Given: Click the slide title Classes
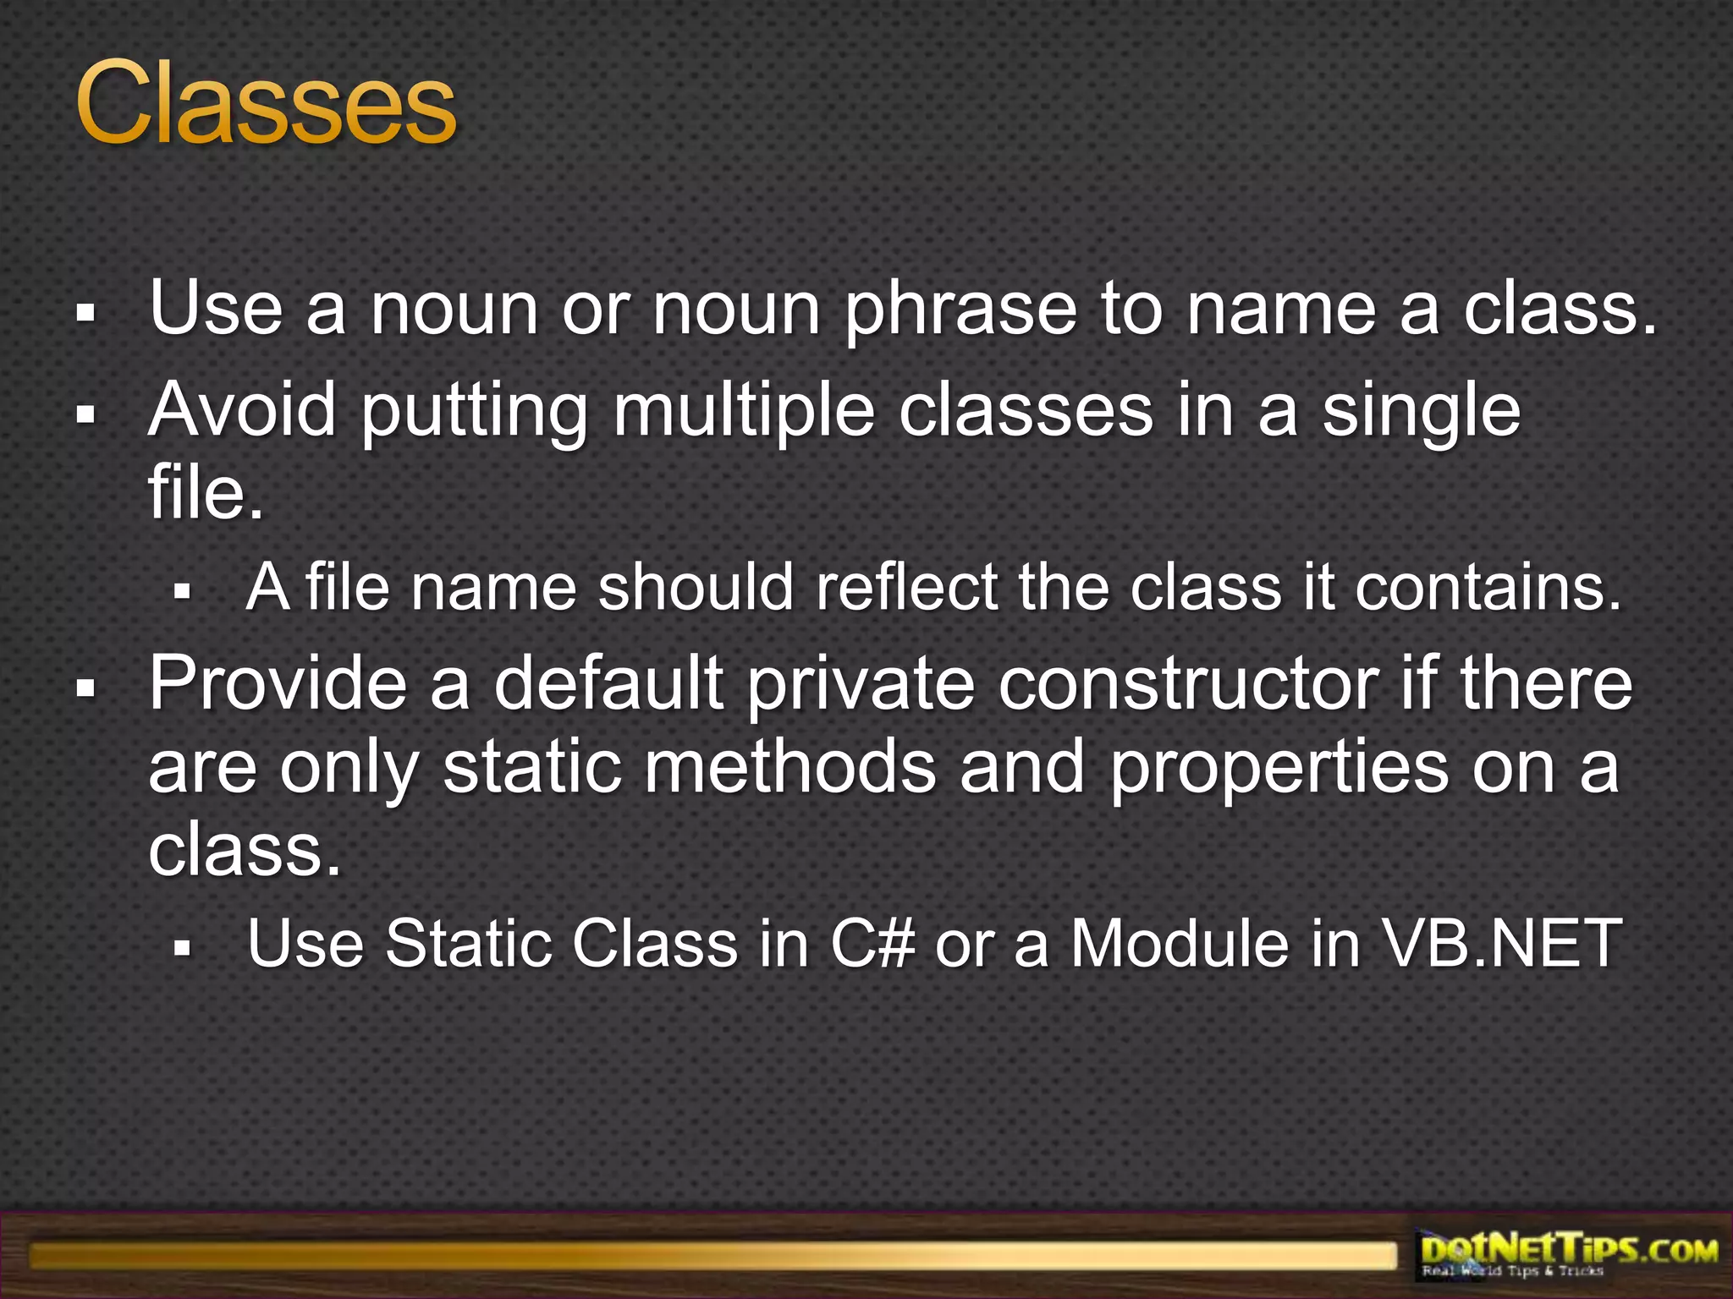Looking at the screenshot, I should pyautogui.click(x=267, y=106).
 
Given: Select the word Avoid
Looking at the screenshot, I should pyautogui.click(x=242, y=410).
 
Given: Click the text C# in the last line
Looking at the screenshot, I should pyautogui.click(x=872, y=943).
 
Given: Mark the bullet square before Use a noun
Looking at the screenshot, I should pyautogui.click(x=85, y=315).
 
